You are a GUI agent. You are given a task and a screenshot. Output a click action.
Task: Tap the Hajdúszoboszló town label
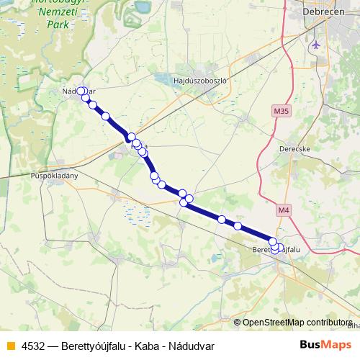(x=201, y=81)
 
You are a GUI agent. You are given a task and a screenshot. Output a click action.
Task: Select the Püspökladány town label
(x=54, y=175)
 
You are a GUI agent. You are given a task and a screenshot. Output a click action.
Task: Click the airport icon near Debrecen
(x=315, y=45)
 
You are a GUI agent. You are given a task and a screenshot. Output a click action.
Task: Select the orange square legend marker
(x=9, y=346)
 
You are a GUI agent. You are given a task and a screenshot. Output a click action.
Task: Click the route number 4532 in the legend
(x=34, y=346)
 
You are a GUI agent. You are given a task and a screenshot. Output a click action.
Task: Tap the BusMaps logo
(x=320, y=346)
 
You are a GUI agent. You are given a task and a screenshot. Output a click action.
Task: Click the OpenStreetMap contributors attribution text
(x=297, y=322)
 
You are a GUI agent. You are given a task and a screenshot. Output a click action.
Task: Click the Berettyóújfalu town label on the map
(x=276, y=249)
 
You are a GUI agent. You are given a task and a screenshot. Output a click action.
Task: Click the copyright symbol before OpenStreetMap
(x=238, y=322)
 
